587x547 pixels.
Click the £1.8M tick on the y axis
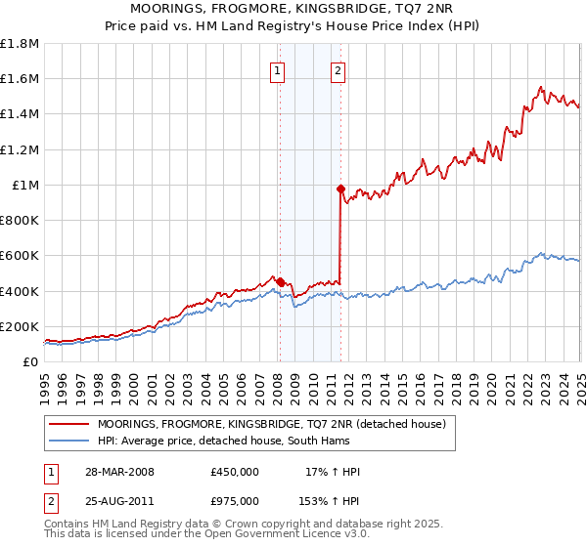pos(21,44)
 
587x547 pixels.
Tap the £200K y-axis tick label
pos(20,326)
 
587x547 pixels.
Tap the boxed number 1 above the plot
pos(279,70)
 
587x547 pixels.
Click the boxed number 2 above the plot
pos(338,70)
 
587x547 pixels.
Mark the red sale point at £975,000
pos(340,189)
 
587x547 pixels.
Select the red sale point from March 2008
pos(281,282)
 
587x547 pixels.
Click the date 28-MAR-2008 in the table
pos(120,472)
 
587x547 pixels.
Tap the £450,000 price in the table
pos(235,472)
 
